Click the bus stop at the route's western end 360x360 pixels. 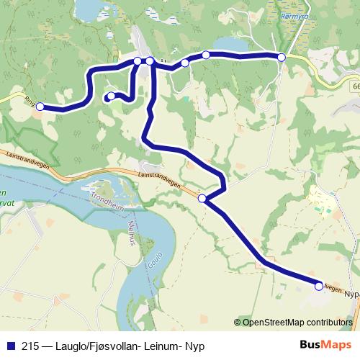(40, 107)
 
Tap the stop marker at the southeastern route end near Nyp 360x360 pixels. (319, 286)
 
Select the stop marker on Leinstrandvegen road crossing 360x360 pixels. (202, 198)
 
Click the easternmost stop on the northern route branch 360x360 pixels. (282, 57)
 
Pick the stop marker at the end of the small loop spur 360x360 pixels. (111, 96)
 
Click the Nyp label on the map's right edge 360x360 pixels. (351, 294)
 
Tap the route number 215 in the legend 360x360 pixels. (30, 346)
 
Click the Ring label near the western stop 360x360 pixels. (29, 101)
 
